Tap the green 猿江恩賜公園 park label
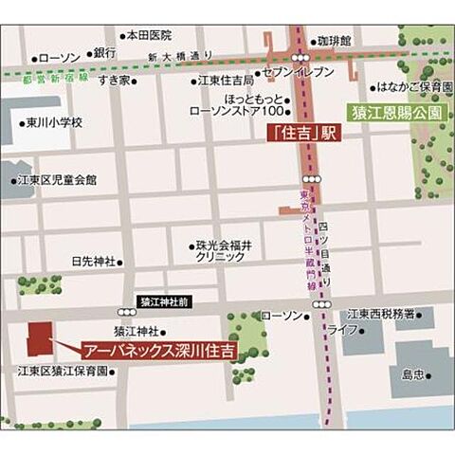pyautogui.click(x=396, y=111)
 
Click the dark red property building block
pyautogui.click(x=41, y=338)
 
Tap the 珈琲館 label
pyautogui.click(x=334, y=42)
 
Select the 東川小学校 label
pyautogui.click(x=54, y=122)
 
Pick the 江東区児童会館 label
pyautogui.click(x=56, y=179)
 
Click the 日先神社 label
pyautogui.click(x=93, y=261)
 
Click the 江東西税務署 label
pyautogui.click(x=386, y=314)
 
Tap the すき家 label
pyautogui.click(x=116, y=82)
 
